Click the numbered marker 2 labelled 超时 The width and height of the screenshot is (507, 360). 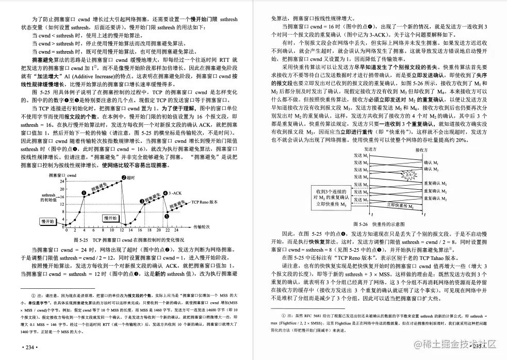124,177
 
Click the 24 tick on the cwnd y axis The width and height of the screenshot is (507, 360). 62,181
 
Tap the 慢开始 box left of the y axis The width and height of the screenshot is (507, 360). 47,221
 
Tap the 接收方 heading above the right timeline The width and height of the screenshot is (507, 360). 423,150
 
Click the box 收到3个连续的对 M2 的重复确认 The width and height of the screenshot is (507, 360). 331,197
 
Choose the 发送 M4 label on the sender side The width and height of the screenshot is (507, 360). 361,177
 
